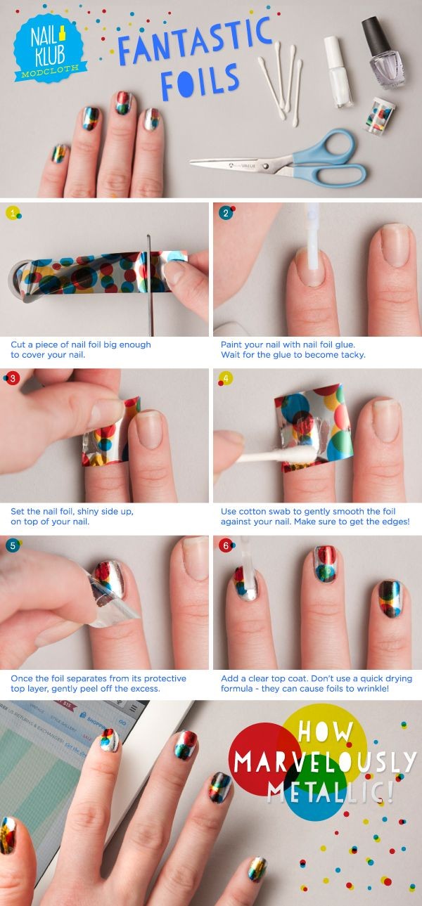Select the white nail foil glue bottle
point(338,70)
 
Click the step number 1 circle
point(11,213)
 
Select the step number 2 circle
point(225,213)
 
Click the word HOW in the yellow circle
point(326,731)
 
